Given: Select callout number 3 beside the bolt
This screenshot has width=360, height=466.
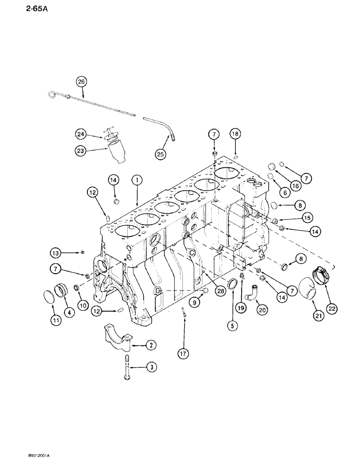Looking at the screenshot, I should pyautogui.click(x=151, y=367).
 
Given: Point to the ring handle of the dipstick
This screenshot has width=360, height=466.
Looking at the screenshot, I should pyautogui.click(x=51, y=96).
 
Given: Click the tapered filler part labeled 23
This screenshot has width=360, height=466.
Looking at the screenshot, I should pyautogui.click(x=118, y=152).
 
